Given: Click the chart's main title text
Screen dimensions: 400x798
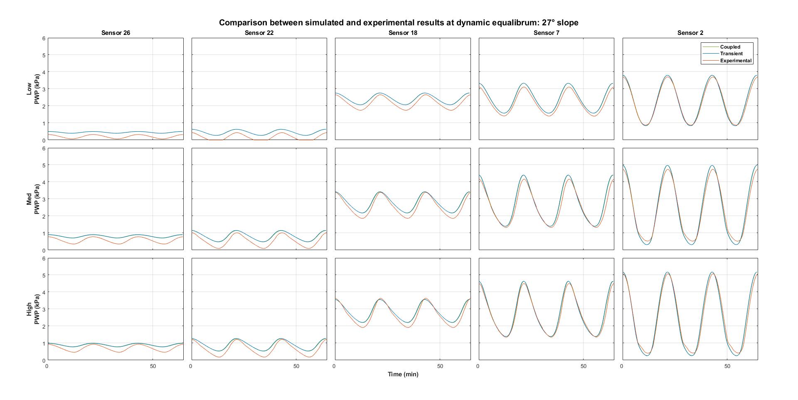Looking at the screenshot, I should click(399, 22).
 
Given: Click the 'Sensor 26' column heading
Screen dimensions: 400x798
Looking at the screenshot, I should click(116, 33).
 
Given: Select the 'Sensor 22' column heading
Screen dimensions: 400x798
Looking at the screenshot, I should click(259, 33).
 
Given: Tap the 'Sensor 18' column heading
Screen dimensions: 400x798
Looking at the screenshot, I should click(403, 33).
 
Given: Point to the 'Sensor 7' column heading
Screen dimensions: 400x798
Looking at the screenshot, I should click(546, 33).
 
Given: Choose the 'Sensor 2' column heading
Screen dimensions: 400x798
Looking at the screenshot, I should click(690, 33).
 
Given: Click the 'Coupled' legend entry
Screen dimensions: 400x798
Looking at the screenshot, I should click(730, 47).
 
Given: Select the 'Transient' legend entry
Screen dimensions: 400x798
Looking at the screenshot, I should click(731, 54).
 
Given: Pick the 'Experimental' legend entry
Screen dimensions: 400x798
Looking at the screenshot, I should click(736, 61).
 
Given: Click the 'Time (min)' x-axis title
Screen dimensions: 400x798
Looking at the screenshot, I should click(403, 374).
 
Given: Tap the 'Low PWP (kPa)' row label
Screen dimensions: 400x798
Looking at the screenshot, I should click(32, 89).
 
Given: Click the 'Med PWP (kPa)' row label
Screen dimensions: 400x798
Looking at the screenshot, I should click(32, 199).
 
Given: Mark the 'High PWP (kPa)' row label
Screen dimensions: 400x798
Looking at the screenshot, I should click(32, 309).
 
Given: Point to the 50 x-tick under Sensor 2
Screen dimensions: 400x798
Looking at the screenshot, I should click(727, 366).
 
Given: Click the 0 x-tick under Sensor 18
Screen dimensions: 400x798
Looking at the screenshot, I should click(334, 366).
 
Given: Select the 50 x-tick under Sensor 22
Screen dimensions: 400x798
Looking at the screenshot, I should click(296, 366).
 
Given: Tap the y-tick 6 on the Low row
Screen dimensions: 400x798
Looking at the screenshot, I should click(43, 38).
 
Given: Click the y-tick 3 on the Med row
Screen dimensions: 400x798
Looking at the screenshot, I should click(43, 199).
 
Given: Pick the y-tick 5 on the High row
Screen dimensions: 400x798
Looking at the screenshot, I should click(43, 275).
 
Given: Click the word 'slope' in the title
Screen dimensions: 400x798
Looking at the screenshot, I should click(568, 22).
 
